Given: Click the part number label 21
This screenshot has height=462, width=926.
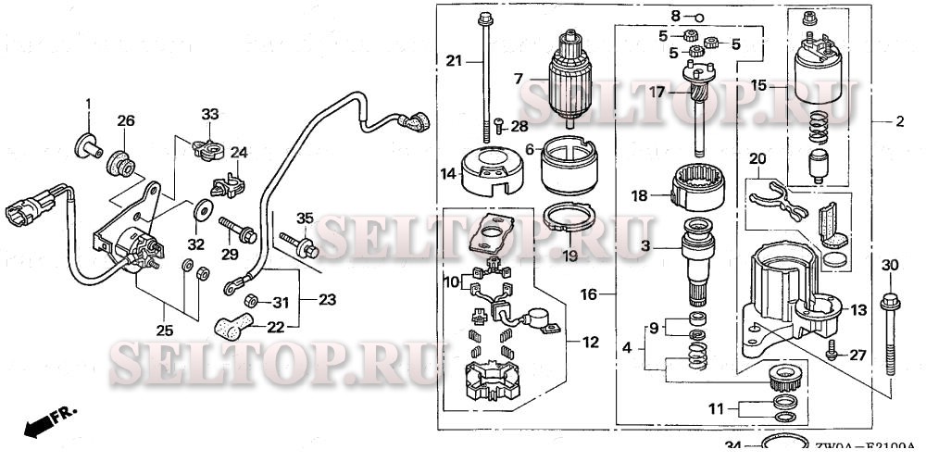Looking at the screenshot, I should (453, 61).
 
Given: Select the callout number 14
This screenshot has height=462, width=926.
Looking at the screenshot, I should (447, 172).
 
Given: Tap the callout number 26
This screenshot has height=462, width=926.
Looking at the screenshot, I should (125, 120).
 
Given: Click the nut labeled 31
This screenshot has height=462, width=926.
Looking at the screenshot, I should (249, 300).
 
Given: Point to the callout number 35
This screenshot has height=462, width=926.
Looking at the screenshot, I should (305, 219).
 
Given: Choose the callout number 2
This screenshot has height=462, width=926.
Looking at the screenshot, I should (899, 121).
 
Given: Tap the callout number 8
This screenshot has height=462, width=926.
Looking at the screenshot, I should (676, 17).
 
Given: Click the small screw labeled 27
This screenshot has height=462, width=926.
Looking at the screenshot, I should (832, 348).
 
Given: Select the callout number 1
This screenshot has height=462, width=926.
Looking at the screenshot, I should (90, 103).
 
